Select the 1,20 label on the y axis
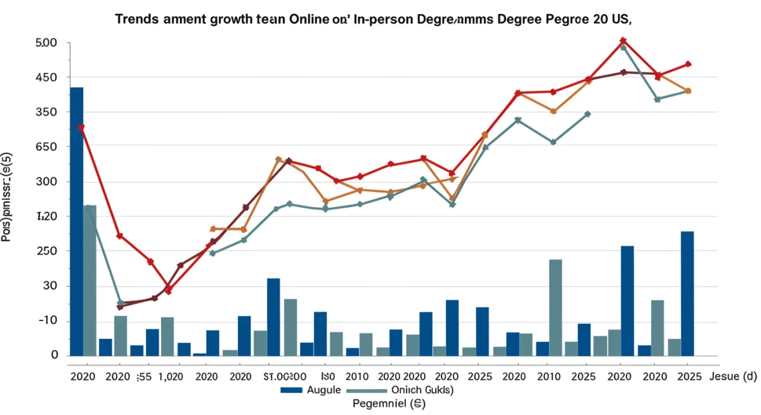48,217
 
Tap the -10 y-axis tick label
48,321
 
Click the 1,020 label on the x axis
169,376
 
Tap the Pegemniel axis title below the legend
380,403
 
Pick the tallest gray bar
89,280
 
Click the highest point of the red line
623,41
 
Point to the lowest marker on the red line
168,291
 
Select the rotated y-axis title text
8,197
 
